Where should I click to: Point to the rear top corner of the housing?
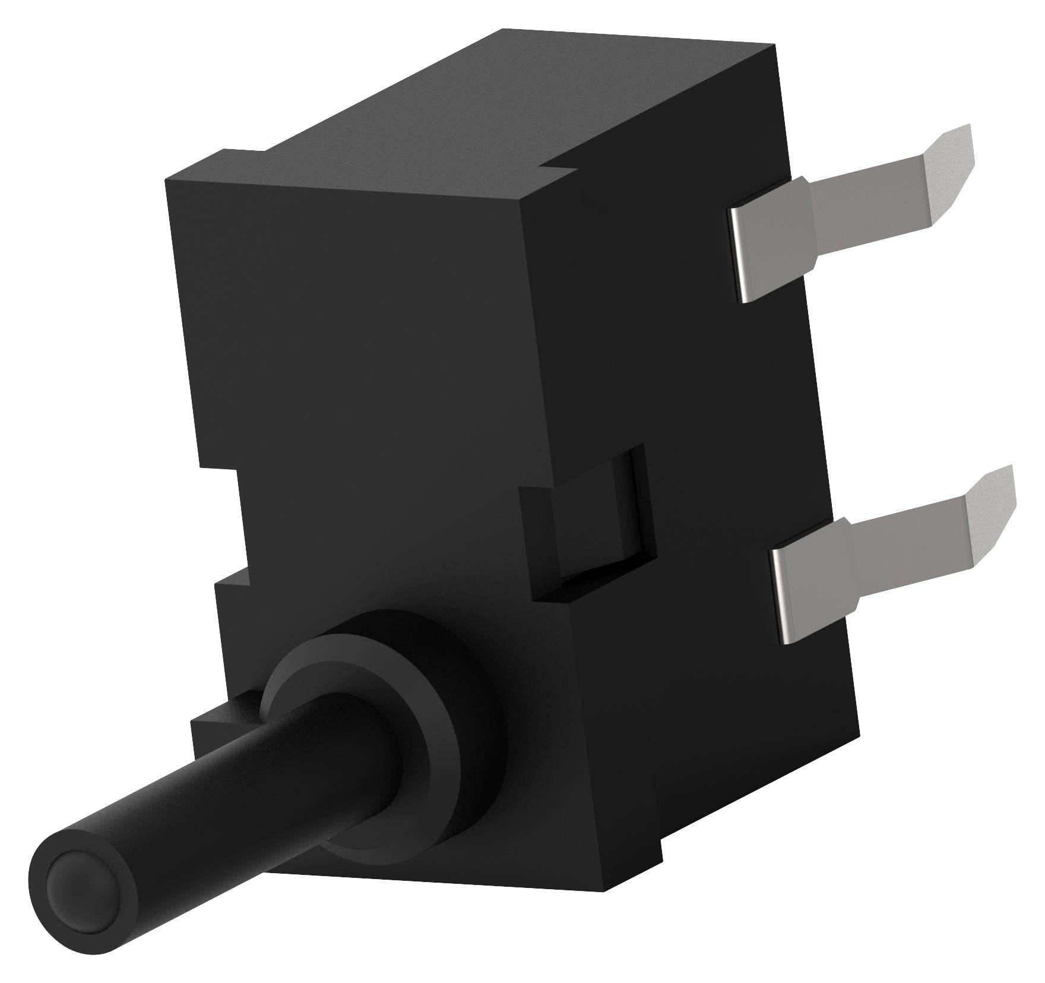coord(772,48)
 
